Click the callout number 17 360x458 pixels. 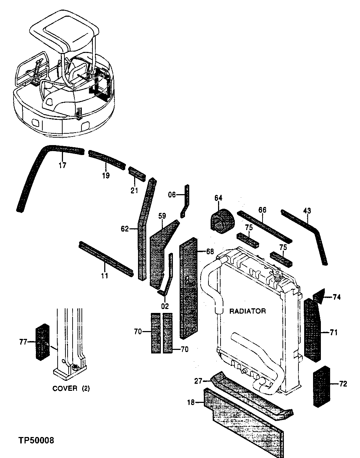[x=62, y=165]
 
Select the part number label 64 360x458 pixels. [x=218, y=198]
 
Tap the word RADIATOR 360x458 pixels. [x=247, y=311]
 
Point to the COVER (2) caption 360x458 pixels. [x=71, y=388]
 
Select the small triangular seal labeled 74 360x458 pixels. [x=319, y=295]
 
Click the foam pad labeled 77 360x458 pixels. [x=43, y=342]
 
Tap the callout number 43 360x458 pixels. [x=307, y=211]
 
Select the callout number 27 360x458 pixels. [x=198, y=381]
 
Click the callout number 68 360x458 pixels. [x=210, y=251]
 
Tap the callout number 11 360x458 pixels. [x=104, y=275]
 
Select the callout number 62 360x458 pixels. [x=124, y=229]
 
